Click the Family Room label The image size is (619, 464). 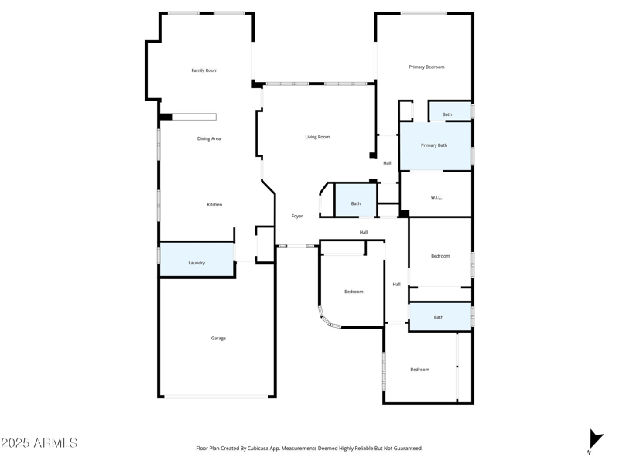point(204,70)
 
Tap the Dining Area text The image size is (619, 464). point(209,138)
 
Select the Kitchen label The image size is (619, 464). point(214,205)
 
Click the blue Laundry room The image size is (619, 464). point(197,260)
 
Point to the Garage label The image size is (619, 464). point(218,338)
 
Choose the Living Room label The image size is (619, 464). point(317,137)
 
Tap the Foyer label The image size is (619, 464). point(297,217)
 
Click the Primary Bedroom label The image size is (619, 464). point(426,67)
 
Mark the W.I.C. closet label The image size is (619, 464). point(436,197)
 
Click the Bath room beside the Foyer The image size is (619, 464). point(355,203)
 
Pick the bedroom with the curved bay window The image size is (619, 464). point(354,292)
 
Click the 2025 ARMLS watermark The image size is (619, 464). point(39,443)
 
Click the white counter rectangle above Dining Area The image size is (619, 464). point(193,118)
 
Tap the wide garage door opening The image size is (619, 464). point(217,397)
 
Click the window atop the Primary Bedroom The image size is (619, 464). point(423,13)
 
